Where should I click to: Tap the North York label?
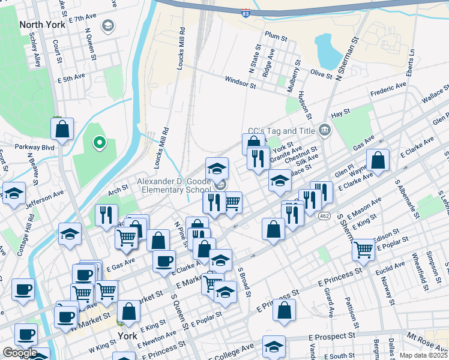coord(41,25)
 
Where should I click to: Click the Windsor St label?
coord(240,82)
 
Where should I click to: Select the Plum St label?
coord(276,37)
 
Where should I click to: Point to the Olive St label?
coord(321,74)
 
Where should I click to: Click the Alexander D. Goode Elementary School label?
coord(173,185)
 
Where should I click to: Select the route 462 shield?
coord(324,215)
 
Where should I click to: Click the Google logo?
coord(19,353)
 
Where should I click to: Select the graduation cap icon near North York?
coord(107,26)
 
